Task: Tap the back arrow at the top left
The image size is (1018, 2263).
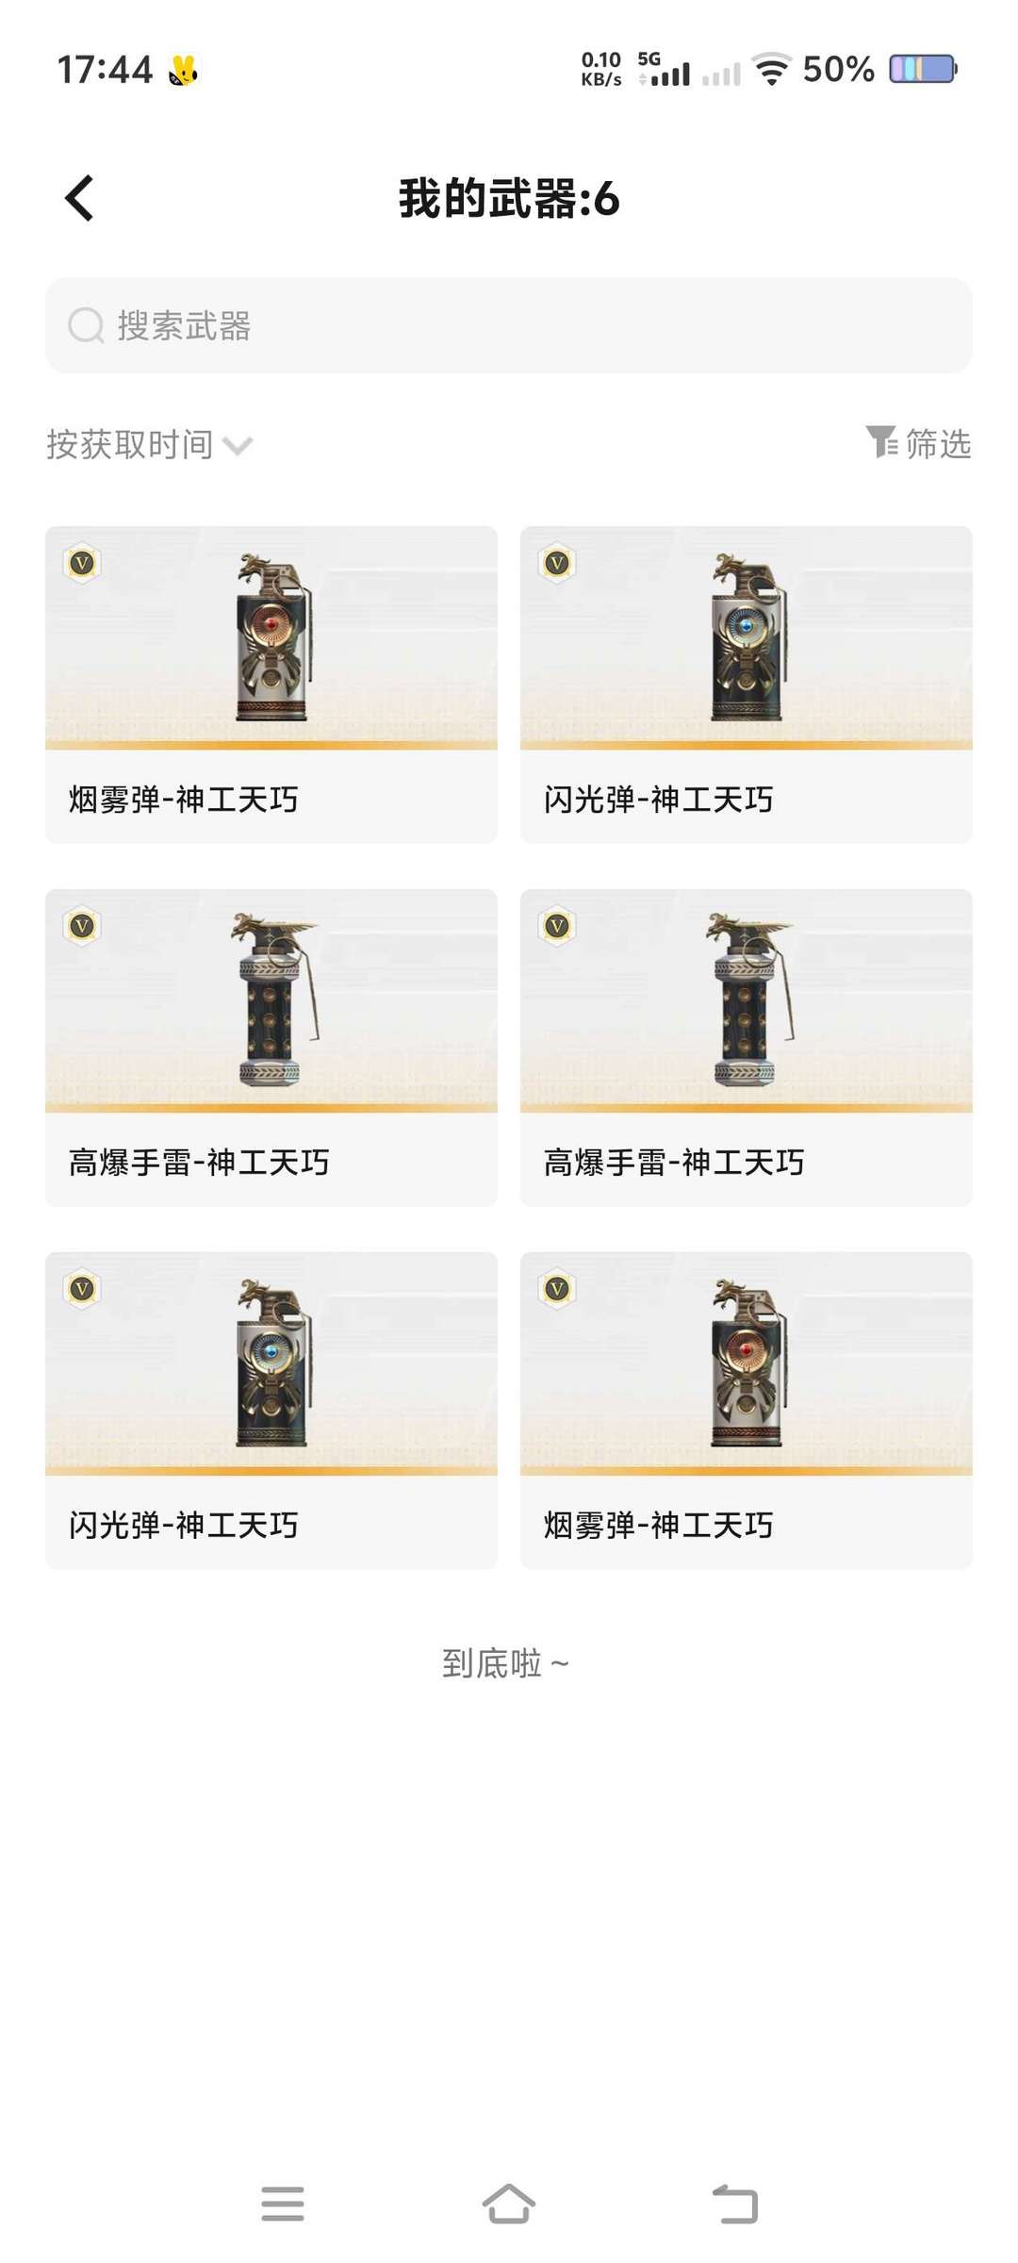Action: (x=80, y=199)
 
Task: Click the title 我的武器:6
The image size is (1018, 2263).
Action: (x=509, y=199)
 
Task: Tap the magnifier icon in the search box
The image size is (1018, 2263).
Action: (x=86, y=326)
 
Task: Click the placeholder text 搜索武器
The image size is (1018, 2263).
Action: (x=185, y=326)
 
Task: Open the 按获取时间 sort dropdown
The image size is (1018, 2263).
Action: (x=149, y=445)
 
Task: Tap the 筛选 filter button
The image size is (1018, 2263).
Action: (x=919, y=443)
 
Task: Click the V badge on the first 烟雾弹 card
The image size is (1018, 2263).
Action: (x=83, y=564)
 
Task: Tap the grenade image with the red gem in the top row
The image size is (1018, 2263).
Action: (x=273, y=639)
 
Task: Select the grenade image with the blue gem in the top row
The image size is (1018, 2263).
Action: (x=748, y=639)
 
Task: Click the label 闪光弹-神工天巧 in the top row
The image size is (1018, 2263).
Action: (x=658, y=800)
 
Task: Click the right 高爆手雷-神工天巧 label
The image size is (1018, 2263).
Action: (x=673, y=1163)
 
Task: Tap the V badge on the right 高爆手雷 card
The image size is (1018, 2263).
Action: (x=558, y=927)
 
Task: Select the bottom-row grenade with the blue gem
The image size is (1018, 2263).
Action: (x=273, y=1364)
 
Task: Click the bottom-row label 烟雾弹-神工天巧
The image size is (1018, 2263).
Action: (x=658, y=1525)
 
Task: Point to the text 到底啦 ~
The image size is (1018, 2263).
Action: (x=506, y=1663)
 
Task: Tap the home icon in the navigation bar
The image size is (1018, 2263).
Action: (x=509, y=2205)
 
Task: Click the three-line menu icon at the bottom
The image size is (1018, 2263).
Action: (x=283, y=2205)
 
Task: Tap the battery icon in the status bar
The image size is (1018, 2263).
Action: (x=923, y=69)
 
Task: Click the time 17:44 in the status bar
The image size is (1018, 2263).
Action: (x=105, y=70)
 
